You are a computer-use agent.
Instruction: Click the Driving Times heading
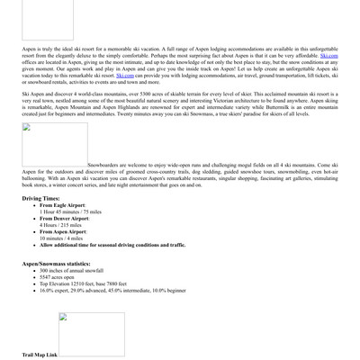click(41, 198)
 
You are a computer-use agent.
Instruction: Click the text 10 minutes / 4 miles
click(59, 238)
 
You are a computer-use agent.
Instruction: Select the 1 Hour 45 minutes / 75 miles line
click(70, 211)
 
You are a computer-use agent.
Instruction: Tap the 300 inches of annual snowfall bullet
click(71, 270)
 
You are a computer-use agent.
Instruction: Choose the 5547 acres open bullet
click(58, 277)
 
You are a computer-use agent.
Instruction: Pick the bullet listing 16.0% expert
click(113, 292)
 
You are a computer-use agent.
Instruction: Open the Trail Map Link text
click(40, 355)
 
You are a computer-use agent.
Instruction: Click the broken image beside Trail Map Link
click(79, 334)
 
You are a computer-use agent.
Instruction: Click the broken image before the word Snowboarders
click(55, 145)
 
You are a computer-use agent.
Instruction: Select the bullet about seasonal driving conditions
click(112, 245)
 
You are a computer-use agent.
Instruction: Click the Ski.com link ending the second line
click(329, 56)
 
